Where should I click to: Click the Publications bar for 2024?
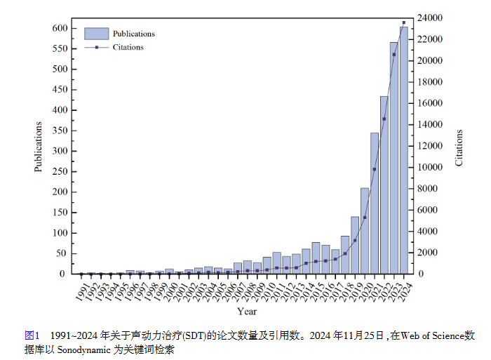[x=404, y=150]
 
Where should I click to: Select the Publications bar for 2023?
[x=394, y=158]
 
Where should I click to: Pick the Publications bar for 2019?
[x=355, y=245]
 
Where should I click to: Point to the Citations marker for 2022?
[x=384, y=119]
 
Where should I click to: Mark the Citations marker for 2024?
[x=404, y=22]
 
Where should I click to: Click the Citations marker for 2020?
[x=365, y=218]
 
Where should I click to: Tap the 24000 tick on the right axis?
[x=429, y=18]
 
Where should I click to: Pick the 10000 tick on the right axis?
[x=429, y=167]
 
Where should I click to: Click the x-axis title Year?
[x=246, y=311]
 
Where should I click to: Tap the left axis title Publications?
[x=39, y=147]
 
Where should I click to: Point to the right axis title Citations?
[x=459, y=147]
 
